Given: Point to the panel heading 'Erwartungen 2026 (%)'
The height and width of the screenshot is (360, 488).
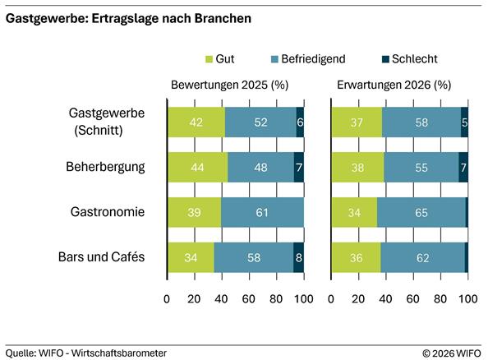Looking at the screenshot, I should (394, 85).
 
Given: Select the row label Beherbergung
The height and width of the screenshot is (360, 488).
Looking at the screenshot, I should (106, 167).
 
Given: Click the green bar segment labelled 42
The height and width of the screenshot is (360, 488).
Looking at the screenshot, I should (196, 122).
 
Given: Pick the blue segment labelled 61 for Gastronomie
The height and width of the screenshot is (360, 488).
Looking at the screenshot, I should (262, 212).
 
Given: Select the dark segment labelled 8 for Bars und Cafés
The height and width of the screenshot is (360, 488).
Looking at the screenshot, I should (298, 257).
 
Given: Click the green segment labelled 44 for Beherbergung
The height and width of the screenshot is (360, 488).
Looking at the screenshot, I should (197, 167).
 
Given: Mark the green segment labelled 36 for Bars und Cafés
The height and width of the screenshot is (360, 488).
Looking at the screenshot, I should (356, 257).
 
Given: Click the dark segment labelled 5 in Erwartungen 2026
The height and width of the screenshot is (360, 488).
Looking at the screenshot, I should (464, 122).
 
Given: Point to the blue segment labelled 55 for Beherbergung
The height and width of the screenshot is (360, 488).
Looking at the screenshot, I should (421, 167).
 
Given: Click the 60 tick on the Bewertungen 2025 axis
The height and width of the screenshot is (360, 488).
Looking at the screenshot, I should (249, 300).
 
